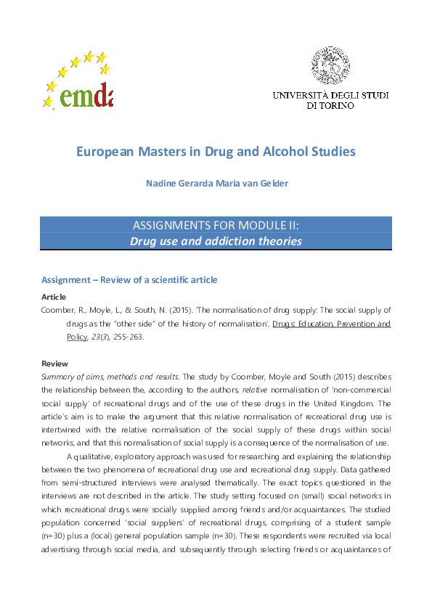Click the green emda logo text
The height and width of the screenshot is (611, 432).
click(x=87, y=94)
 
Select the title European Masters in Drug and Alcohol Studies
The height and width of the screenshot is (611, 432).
click(x=216, y=152)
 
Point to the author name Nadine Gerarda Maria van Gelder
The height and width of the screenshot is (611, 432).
click(x=216, y=183)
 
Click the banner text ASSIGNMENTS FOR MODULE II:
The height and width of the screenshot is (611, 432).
click(x=216, y=225)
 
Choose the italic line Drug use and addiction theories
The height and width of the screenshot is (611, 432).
click(x=216, y=241)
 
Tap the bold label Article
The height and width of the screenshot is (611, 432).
click(x=53, y=297)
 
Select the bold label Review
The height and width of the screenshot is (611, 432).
click(x=54, y=363)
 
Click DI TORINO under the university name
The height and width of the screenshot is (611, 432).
click(x=330, y=106)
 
